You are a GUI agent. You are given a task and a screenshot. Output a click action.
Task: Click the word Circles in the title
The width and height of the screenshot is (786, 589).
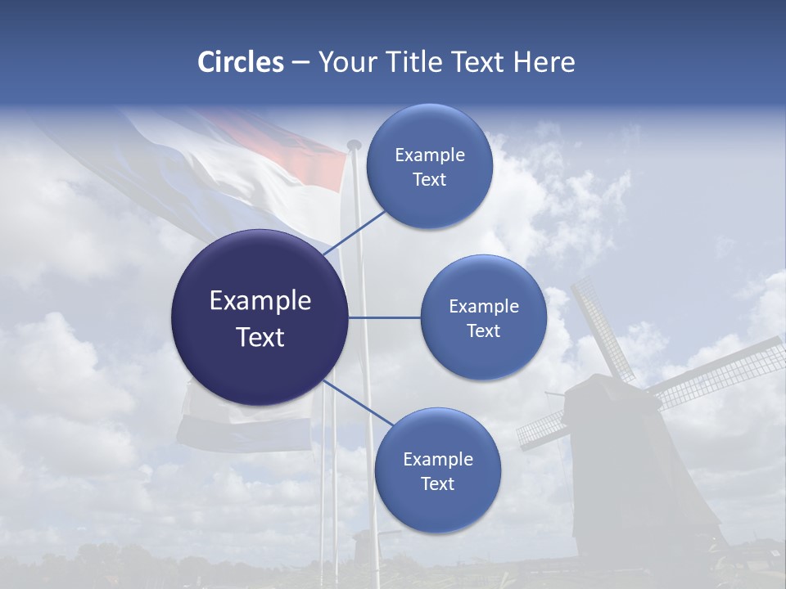(240, 62)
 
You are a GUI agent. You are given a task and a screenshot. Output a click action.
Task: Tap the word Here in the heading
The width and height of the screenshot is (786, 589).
(544, 62)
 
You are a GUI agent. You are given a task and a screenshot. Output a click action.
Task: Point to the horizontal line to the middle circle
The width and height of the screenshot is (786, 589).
(384, 317)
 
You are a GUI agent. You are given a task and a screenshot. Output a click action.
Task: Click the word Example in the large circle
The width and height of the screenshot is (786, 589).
(260, 301)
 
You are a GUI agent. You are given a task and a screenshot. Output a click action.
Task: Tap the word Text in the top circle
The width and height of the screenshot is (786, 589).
(429, 179)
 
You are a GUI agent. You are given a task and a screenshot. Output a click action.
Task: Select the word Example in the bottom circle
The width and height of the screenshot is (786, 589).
(437, 459)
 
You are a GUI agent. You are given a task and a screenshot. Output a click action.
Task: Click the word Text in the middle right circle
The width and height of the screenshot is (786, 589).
(483, 330)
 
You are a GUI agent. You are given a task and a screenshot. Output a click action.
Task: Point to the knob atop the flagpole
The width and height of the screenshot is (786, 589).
(354, 145)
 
